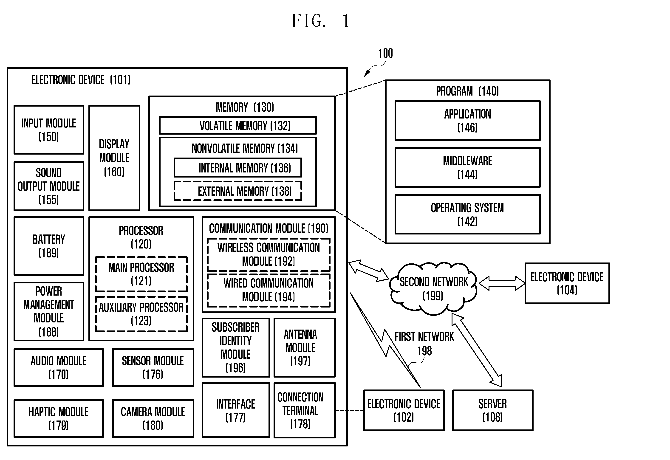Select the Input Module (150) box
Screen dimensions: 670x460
(49, 130)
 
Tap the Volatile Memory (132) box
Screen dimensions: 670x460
(238, 125)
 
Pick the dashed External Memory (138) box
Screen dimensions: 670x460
(238, 191)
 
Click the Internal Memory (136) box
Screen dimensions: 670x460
(238, 167)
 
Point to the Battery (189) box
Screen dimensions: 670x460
(49, 246)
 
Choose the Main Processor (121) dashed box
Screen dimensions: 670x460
(141, 274)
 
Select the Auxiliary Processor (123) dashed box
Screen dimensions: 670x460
(141, 314)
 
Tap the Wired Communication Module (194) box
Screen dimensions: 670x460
(269, 290)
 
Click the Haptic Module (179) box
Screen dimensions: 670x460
(59, 418)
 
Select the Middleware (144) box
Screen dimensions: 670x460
(467, 167)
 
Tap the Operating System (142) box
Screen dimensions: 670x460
(467, 214)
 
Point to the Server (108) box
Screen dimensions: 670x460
(493, 410)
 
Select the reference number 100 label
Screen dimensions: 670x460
(385, 53)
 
